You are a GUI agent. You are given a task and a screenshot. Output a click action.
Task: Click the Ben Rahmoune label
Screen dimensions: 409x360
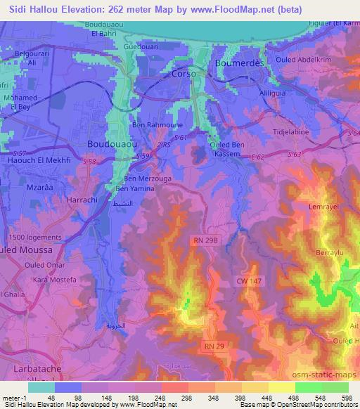tap(154, 125)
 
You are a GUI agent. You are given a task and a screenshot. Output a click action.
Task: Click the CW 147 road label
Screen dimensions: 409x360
tap(247, 280)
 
